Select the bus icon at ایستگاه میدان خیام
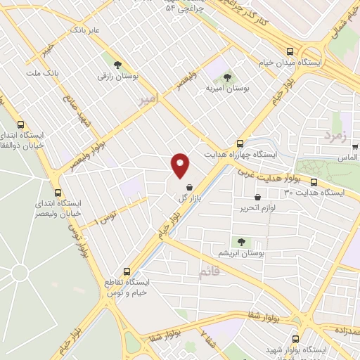[290, 51]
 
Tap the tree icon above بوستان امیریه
[226, 77]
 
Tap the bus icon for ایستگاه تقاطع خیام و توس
[127, 271]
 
